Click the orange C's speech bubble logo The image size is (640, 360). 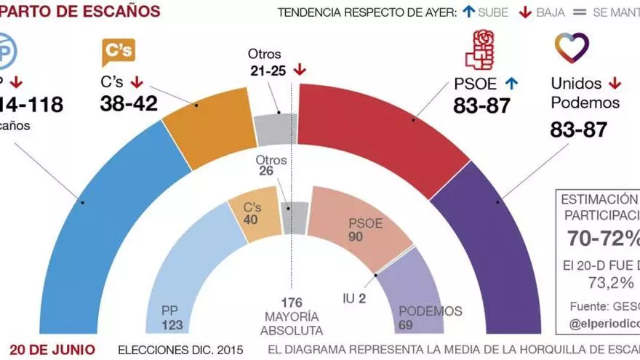click(118, 52)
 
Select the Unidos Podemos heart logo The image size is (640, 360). click(572, 47)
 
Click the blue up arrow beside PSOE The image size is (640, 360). click(511, 84)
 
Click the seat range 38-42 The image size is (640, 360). click(129, 104)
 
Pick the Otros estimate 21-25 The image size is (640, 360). click(265, 71)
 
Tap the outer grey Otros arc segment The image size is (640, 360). click(276, 129)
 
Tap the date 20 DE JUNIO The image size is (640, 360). click(54, 349)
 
